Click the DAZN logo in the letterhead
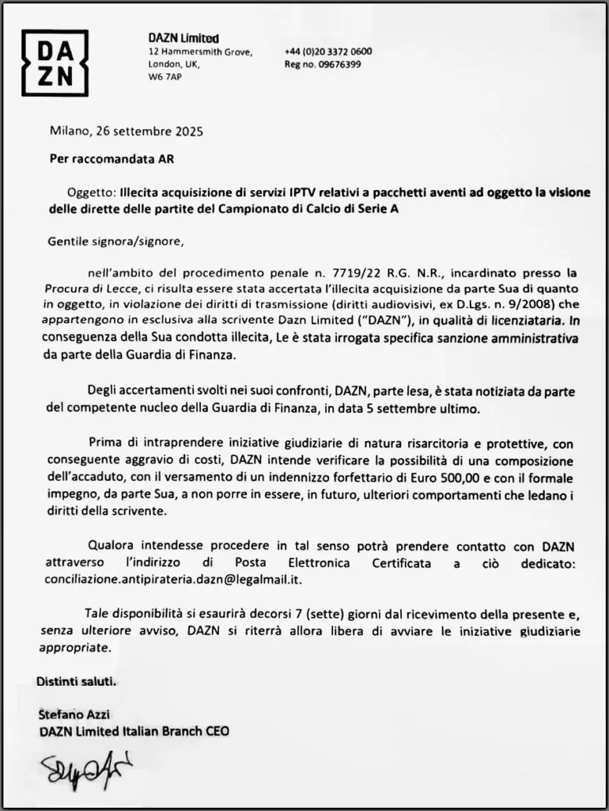pyautogui.click(x=55, y=63)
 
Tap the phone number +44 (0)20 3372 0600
pyautogui.click(x=328, y=52)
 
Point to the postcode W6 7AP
pyautogui.click(x=165, y=78)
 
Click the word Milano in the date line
pyautogui.click(x=70, y=131)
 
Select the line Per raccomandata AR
pyautogui.click(x=112, y=158)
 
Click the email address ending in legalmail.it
pyautogui.click(x=174, y=579)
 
